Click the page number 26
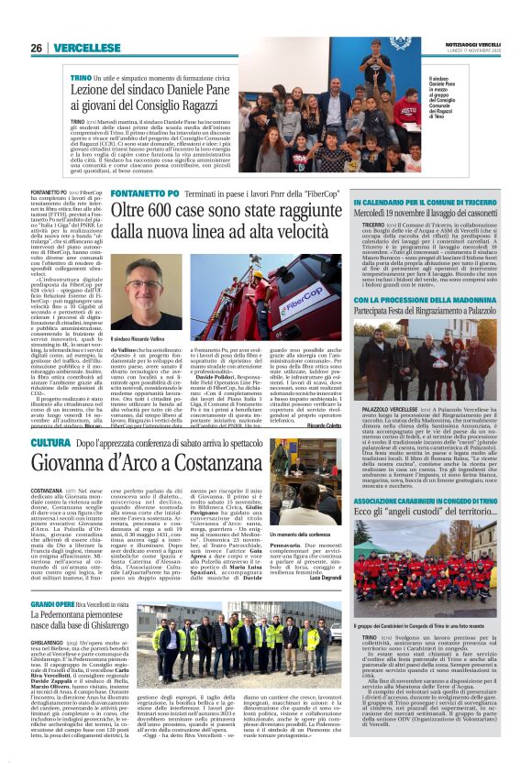click(x=36, y=48)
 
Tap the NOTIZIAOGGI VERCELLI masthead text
click(x=482, y=44)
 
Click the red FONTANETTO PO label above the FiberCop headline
click(x=141, y=194)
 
